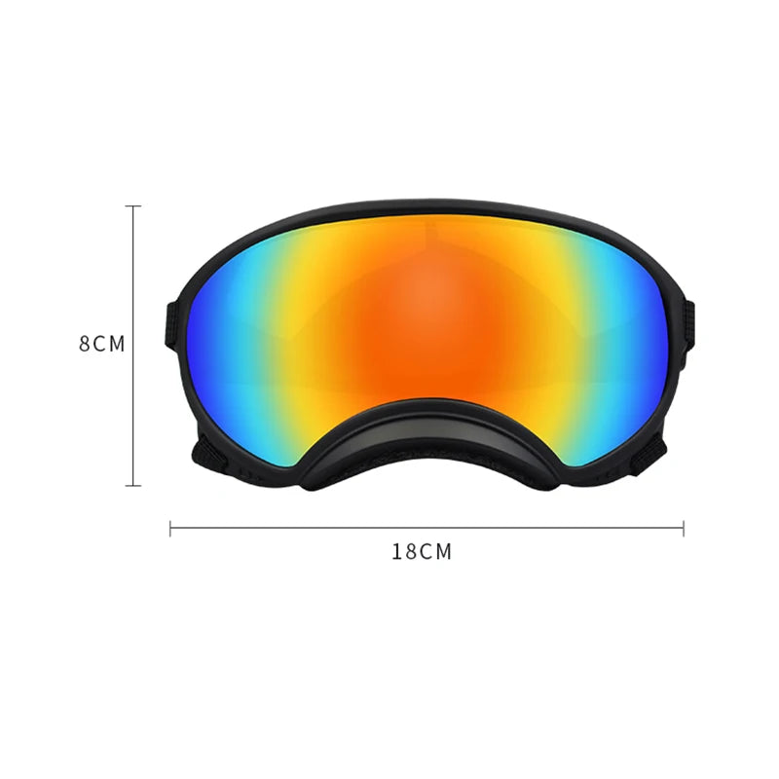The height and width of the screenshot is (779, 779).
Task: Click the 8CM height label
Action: [102, 345]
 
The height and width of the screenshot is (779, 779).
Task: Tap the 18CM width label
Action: [422, 551]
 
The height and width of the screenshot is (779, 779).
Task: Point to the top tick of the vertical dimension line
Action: [134, 206]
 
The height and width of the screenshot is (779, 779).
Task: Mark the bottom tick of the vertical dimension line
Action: [134, 484]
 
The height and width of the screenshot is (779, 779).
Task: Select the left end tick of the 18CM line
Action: [170, 528]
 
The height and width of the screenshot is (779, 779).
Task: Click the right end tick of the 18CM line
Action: [684, 528]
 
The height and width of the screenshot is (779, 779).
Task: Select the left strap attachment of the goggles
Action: [171, 325]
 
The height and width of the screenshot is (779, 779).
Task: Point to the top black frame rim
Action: [428, 207]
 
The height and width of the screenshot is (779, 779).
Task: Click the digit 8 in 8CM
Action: [85, 345]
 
